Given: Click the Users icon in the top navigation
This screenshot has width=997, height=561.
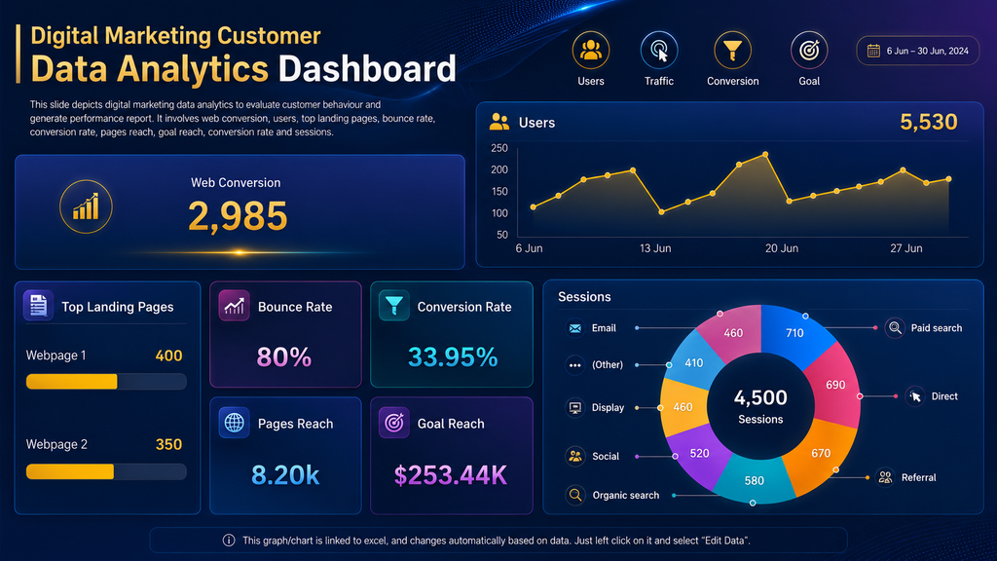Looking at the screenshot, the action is click(x=591, y=51).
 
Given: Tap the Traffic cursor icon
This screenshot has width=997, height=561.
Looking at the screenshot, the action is click(x=659, y=51).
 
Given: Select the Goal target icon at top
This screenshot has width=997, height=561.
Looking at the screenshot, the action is click(x=809, y=51).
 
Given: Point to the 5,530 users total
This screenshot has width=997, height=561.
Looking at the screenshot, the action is click(x=928, y=122).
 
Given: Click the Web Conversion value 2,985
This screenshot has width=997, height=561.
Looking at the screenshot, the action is click(x=238, y=216).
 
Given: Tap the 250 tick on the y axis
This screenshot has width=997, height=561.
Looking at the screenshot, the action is click(x=499, y=148).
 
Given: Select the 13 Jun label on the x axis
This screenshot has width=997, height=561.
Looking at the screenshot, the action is click(x=655, y=248).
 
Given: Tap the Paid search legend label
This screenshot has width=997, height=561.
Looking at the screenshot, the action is click(x=936, y=328).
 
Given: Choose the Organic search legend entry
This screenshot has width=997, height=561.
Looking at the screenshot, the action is click(x=626, y=495).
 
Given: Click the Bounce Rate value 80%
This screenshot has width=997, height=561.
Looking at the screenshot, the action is click(x=284, y=357).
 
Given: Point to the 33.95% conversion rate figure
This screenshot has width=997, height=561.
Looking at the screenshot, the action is click(x=453, y=357).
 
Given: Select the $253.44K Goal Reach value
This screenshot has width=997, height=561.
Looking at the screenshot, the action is click(x=451, y=475).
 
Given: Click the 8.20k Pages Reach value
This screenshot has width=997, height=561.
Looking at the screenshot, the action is click(x=285, y=475).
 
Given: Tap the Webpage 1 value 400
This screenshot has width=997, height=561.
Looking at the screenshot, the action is click(x=168, y=355).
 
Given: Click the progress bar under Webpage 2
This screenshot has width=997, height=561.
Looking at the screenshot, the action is click(x=106, y=471).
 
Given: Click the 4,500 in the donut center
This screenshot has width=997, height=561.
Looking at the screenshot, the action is click(x=760, y=397).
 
